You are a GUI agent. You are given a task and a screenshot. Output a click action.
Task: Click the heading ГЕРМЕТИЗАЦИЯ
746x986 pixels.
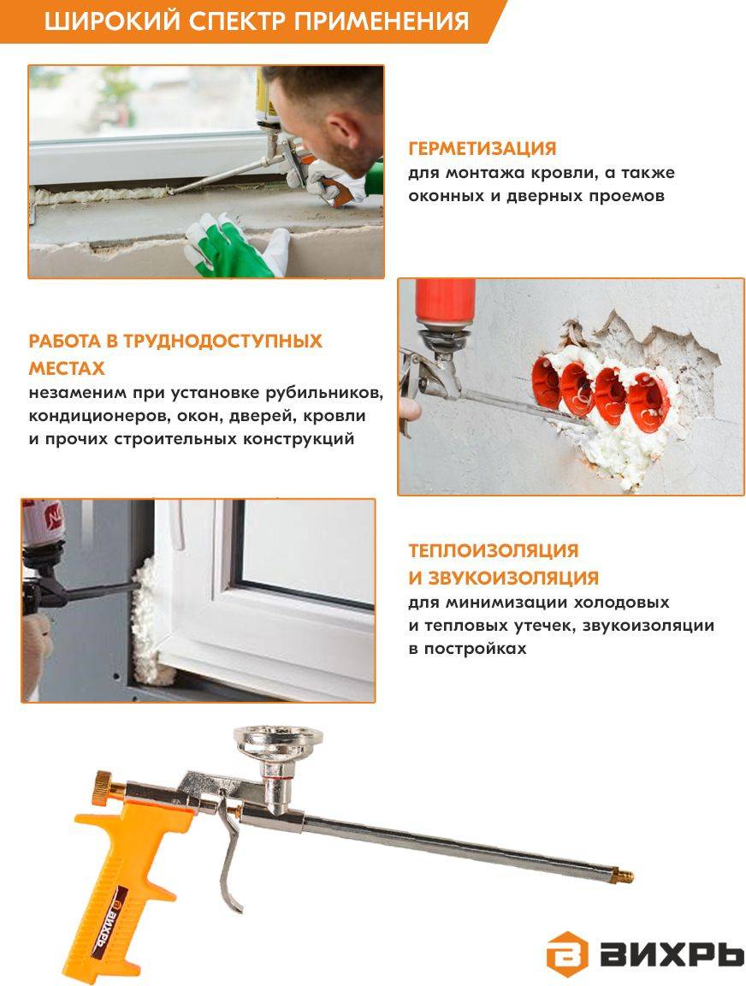point(482,148)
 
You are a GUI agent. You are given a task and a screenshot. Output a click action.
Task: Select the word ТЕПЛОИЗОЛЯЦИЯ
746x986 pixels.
point(494,550)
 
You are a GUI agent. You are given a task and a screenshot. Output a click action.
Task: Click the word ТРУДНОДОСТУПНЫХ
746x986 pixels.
point(222,341)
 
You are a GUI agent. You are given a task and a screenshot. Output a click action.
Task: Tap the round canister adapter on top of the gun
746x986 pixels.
point(277,743)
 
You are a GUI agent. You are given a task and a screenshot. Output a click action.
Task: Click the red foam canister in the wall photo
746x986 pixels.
point(446,303)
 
